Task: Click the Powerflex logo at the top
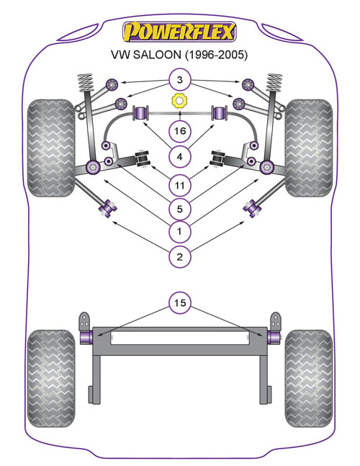179,32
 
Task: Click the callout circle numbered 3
179,80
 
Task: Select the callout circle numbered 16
180,131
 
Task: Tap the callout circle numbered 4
179,156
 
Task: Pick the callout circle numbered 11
179,185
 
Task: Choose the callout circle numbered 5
179,209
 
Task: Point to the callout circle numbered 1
179,231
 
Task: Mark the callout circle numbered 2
179,256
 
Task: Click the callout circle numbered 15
179,303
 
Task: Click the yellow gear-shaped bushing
180,101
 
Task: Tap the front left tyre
51,148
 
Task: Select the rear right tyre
309,378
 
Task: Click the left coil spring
86,82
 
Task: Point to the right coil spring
274,82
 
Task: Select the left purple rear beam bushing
86,338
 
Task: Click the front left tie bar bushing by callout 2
107,207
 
